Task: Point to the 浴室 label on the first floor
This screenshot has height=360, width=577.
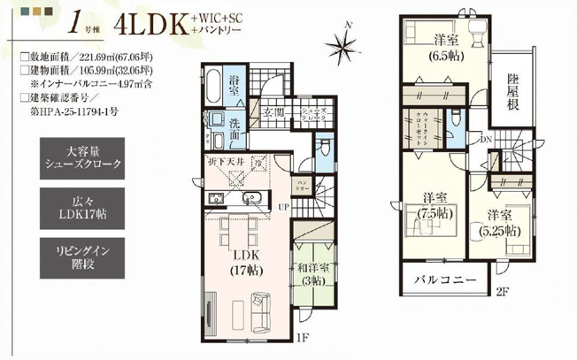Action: pyautogui.click(x=236, y=85)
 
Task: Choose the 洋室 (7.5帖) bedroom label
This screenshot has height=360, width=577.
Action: pyautogui.click(x=432, y=205)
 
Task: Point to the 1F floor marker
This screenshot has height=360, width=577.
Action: pyautogui.click(x=302, y=335)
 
